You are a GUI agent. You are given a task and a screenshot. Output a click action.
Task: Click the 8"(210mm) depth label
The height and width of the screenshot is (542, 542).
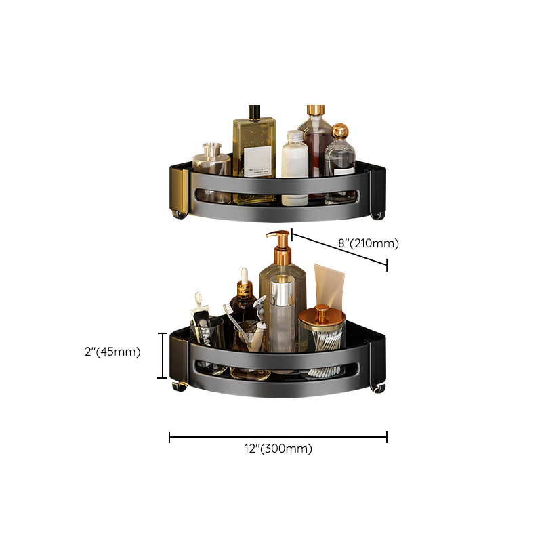[368, 243]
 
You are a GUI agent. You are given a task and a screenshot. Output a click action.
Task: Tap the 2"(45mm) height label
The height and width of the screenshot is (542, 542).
[112, 351]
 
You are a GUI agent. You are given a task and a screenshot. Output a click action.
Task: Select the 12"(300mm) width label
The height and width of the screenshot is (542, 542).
[278, 449]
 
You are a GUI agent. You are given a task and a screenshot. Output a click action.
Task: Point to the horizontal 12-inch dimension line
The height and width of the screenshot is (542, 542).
[278, 438]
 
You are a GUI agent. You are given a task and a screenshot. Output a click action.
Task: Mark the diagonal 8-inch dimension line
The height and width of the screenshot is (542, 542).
[339, 251]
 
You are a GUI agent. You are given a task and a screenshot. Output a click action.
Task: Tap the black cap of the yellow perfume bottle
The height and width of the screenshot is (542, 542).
[254, 111]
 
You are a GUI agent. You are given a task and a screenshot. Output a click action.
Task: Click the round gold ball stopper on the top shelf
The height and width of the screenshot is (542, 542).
[339, 131]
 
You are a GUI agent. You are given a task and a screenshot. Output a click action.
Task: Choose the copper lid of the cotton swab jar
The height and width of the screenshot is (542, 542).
[322, 316]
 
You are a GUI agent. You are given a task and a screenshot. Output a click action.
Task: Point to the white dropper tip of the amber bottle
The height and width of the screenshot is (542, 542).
[242, 274]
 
